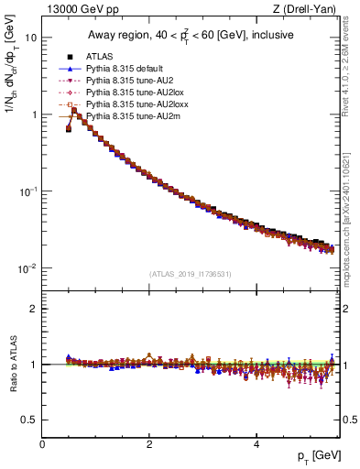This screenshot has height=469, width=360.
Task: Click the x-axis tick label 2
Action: (x=149, y=443)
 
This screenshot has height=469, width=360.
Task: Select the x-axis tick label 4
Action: (x=256, y=443)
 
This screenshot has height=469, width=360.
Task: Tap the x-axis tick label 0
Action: (x=42, y=443)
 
